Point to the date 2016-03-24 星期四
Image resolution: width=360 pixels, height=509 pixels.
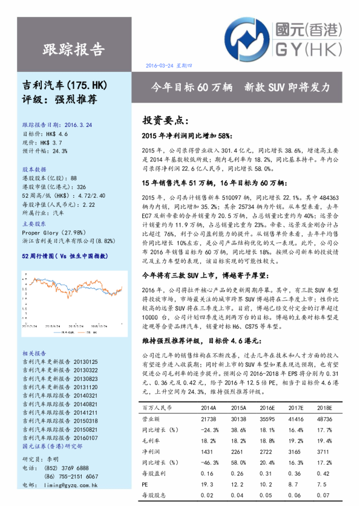tap(169, 65)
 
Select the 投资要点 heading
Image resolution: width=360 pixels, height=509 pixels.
tap(165, 120)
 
